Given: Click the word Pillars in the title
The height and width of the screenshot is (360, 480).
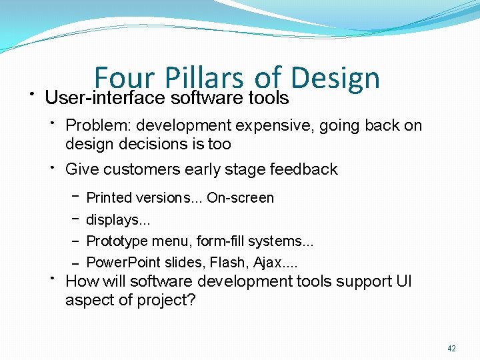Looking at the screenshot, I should pos(201,79).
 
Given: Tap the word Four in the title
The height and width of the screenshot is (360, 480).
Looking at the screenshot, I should pos(124,79).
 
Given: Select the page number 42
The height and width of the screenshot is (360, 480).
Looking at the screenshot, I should pos(451,348).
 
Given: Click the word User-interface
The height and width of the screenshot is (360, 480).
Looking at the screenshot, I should pos(105,98).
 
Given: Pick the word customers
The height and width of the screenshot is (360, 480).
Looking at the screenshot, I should pos(144,169).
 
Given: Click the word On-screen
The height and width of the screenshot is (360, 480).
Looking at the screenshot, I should pos(240,198).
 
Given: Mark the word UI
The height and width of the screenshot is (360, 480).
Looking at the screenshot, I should pos(404,281).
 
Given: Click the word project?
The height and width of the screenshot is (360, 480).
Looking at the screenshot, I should pos(167,300).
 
